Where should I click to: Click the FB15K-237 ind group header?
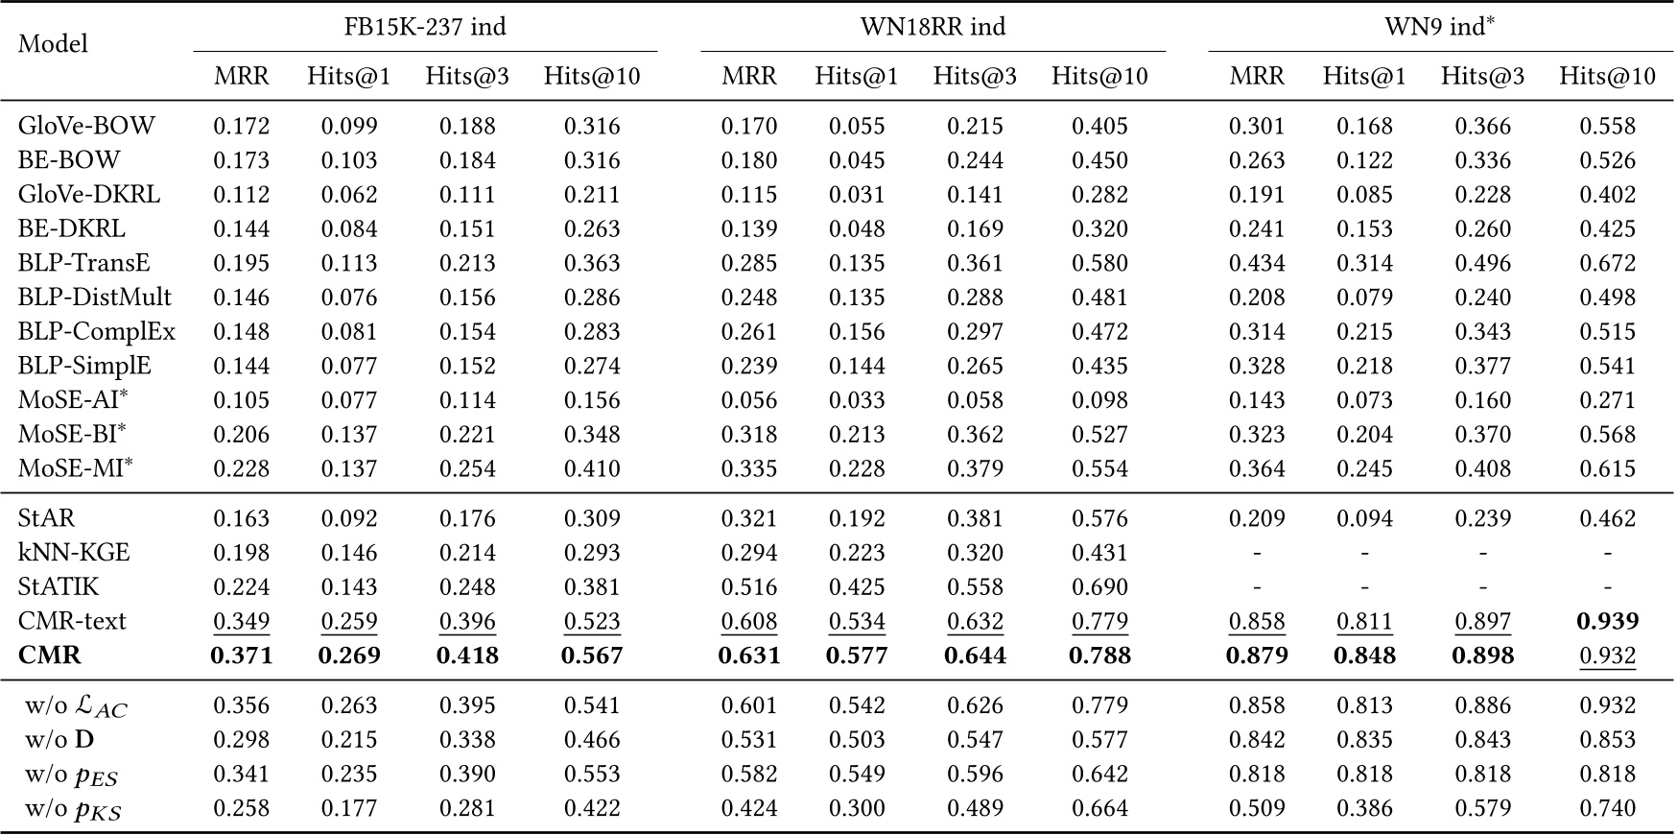tap(425, 26)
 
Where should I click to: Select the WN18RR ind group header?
tap(933, 26)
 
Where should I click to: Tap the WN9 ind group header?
tap(1439, 26)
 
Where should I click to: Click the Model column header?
tap(53, 43)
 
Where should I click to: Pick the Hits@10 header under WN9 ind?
tap(1607, 77)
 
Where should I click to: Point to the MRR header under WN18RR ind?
tap(748, 77)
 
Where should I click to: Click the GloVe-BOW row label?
tap(86, 126)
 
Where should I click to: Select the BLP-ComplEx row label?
tap(97, 331)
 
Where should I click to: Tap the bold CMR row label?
tap(50, 656)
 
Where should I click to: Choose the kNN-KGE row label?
tap(74, 553)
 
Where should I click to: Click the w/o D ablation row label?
tap(59, 740)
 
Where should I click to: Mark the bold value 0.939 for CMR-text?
tap(1607, 621)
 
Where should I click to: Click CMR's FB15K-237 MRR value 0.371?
tap(241, 656)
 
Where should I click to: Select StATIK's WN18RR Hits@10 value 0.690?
tap(1099, 586)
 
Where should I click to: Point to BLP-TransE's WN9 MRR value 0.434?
tap(1256, 263)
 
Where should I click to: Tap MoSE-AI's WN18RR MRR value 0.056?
tap(748, 400)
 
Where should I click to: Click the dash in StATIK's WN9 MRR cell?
tap(1256, 586)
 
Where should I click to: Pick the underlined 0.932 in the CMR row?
tap(1607, 656)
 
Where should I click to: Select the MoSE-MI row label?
tap(75, 468)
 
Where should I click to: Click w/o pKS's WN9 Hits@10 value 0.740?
tap(1607, 808)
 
